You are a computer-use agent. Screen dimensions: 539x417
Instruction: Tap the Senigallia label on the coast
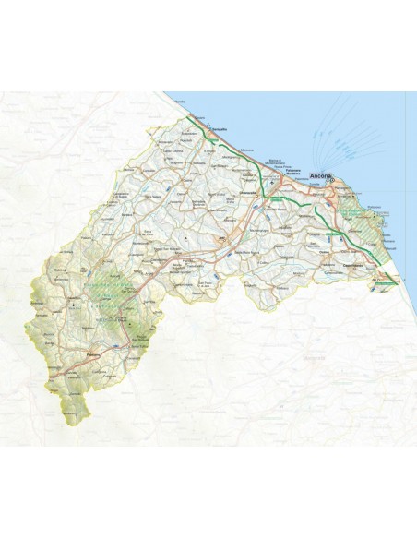[219, 130]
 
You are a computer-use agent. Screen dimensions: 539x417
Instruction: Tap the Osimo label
[317, 235]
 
